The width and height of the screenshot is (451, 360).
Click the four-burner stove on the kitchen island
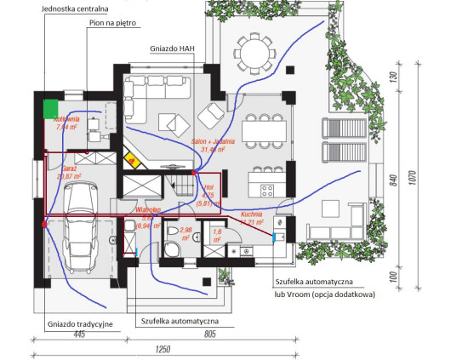(266, 189)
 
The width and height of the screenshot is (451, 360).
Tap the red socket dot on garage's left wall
(43, 225)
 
